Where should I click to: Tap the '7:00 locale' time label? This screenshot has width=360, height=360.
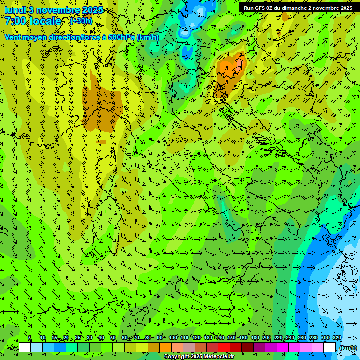point(33,21)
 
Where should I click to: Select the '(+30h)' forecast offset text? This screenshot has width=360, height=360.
point(81,21)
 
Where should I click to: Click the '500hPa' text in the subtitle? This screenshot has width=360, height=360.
point(120,37)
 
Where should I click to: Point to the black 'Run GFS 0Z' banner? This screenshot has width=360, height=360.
point(298,8)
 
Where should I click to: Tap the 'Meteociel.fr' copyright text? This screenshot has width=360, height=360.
point(218,357)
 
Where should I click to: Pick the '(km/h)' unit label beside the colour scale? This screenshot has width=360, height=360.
point(347,347)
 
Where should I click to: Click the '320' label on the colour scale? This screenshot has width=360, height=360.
point(337,338)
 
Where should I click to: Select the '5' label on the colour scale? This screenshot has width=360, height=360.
point(30,338)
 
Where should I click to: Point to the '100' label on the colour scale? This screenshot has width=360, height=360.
point(173,338)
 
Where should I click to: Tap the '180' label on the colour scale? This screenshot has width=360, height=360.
point(255,338)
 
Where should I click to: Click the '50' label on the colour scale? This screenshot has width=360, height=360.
point(113,338)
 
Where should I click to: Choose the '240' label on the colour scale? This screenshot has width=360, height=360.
point(290,338)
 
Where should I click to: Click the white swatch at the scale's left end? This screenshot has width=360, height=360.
point(25,347)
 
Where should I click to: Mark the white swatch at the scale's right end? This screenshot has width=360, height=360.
point(330,347)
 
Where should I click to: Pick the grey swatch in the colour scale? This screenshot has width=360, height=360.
point(189,347)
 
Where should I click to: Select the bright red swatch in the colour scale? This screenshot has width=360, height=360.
point(224,347)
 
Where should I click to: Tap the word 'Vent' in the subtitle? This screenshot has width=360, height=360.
point(13,37)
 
